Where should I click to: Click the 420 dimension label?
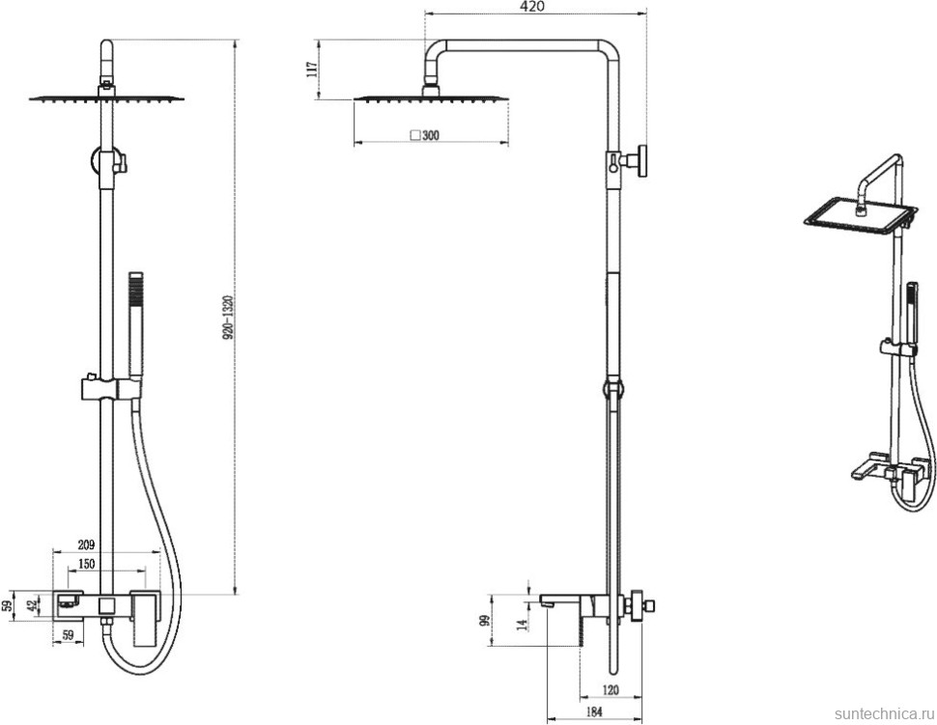click(533, 7)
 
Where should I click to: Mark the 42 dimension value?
click(32, 605)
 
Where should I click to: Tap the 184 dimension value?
click(594, 712)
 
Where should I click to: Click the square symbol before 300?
click(415, 136)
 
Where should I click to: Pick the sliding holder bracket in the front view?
click(106, 389)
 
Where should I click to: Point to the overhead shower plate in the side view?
click(432, 97)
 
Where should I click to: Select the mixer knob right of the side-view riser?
click(643, 606)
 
